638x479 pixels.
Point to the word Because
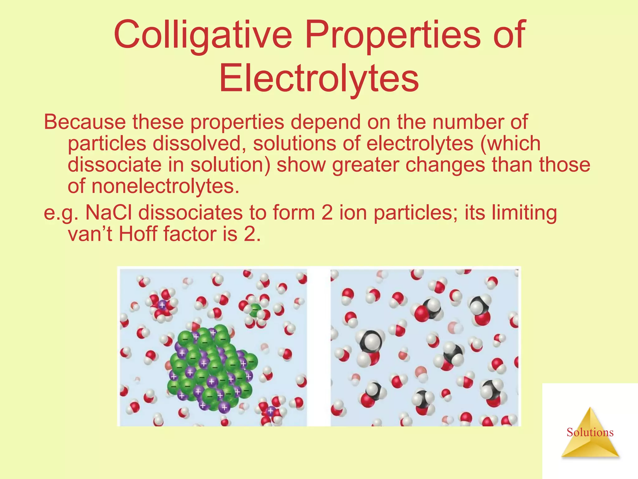point(85,122)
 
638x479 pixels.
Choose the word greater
point(365,165)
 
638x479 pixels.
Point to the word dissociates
point(190,213)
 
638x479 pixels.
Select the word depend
point(325,123)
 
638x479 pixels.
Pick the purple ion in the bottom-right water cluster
point(270,411)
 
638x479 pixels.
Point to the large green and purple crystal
point(212,368)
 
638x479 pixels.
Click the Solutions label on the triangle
point(590,432)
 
